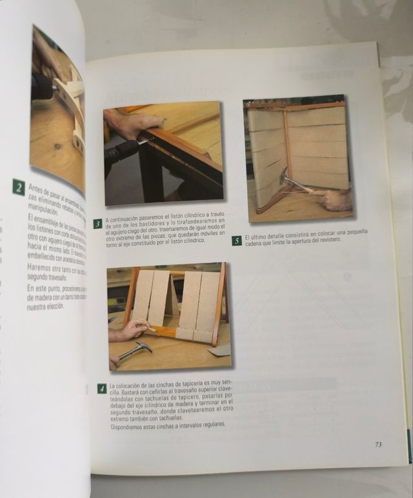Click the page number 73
378,444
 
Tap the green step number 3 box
98,224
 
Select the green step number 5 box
237,241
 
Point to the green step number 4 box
101,388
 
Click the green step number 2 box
19,188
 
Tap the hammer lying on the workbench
134,350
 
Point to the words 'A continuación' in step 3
123,220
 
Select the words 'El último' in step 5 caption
256,237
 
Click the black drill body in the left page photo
41,87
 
